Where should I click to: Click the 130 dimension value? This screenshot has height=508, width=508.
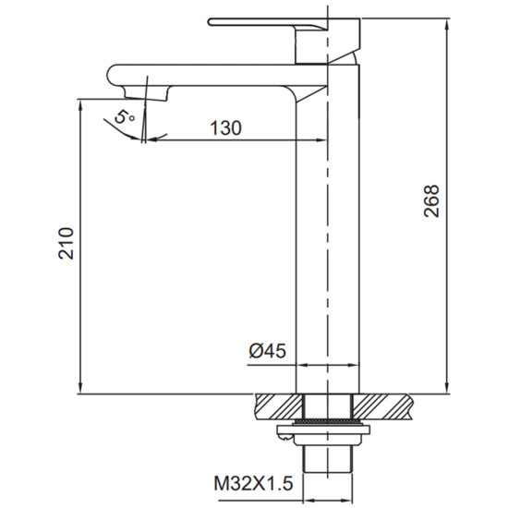pyautogui.click(x=225, y=128)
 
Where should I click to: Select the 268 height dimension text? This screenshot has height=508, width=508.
pyautogui.click(x=431, y=200)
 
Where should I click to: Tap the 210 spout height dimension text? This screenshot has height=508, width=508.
pyautogui.click(x=67, y=243)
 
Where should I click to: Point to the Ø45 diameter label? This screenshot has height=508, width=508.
pyautogui.click(x=268, y=351)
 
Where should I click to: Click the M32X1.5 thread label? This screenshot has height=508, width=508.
pyautogui.click(x=253, y=483)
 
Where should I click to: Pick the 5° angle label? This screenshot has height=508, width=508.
pyautogui.click(x=124, y=116)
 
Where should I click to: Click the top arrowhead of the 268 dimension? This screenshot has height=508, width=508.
pyautogui.click(x=447, y=24)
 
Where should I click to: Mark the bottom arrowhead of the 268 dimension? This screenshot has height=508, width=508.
pyautogui.click(x=447, y=388)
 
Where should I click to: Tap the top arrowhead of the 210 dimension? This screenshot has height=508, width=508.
pyautogui.click(x=80, y=104)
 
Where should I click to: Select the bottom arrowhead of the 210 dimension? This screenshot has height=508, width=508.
pyautogui.click(x=80, y=388)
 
